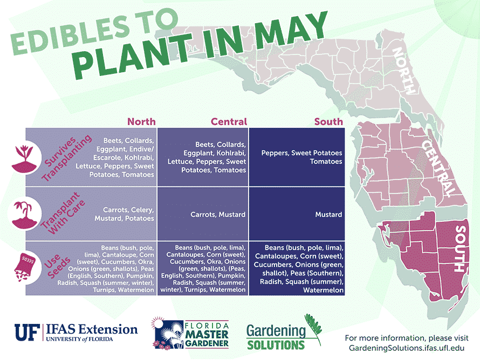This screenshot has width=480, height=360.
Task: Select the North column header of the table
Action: coord(141,121)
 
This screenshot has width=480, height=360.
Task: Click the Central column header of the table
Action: coord(229,121)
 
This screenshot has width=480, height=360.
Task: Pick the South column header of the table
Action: coord(328,121)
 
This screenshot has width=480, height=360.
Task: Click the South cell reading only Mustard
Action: coord(328,214)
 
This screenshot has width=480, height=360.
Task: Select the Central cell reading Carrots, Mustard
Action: coord(218,214)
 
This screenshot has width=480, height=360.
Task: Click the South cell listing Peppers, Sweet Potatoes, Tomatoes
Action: coord(301,157)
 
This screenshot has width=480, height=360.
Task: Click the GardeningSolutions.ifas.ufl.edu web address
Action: coord(409,348)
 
